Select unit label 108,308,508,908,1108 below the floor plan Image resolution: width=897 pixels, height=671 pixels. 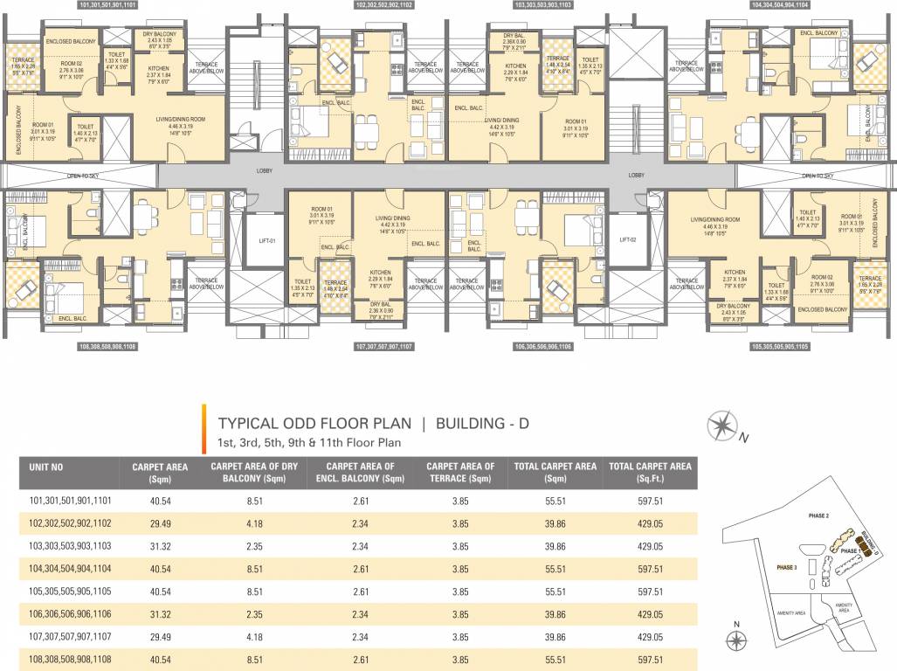pyautogui.click(x=108, y=346)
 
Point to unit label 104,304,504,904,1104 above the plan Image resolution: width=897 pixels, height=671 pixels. pyautogui.click(x=780, y=5)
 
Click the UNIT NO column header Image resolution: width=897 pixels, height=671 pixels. pyautogui.click(x=45, y=467)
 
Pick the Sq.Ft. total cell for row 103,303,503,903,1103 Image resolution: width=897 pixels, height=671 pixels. pyautogui.click(x=651, y=545)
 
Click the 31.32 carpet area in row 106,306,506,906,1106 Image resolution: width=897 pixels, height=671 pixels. pyautogui.click(x=160, y=614)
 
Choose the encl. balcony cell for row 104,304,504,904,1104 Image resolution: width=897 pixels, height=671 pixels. pyautogui.click(x=358, y=569)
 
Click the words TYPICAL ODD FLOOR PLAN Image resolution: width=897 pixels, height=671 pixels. pyautogui.click(x=314, y=424)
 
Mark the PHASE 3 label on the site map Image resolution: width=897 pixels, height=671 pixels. pyautogui.click(x=788, y=568)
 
